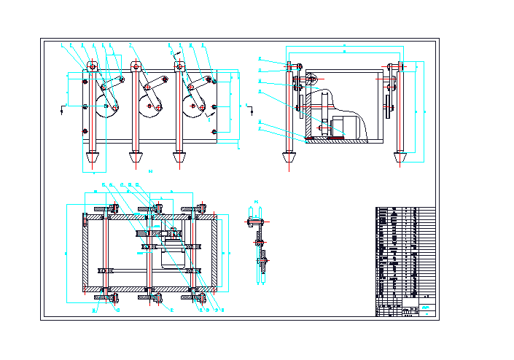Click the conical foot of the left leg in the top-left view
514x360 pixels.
[92, 157]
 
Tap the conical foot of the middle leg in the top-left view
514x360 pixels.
[135, 157]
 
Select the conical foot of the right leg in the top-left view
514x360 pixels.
[179, 157]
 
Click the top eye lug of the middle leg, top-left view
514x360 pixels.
[135, 66]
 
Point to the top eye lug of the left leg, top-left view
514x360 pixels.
[92, 66]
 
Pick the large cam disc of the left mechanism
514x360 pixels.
[111, 110]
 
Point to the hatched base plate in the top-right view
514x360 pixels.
[343, 141]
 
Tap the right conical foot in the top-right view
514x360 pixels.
[399, 157]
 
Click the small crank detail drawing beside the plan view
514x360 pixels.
[258, 244]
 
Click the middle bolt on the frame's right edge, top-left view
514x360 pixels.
[214, 107]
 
